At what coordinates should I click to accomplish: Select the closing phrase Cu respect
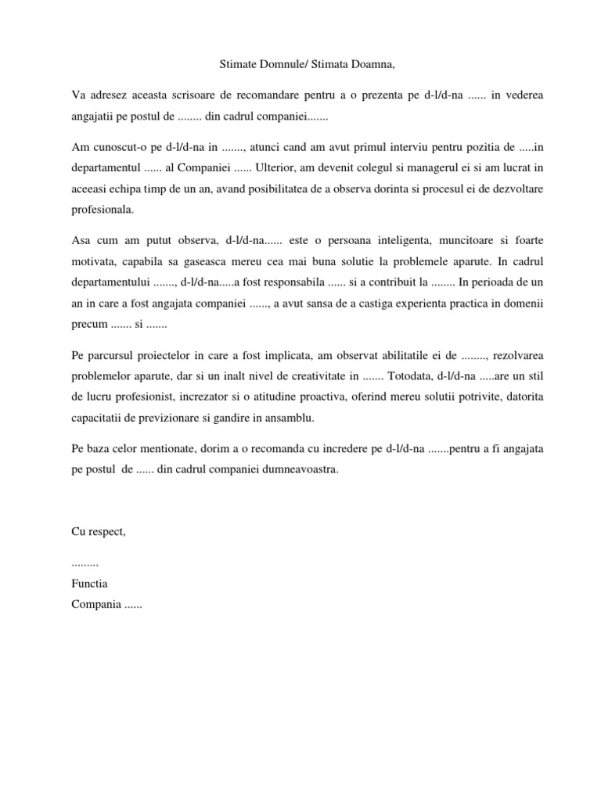pos(98,532)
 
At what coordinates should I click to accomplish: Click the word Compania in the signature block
pos(95,604)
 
